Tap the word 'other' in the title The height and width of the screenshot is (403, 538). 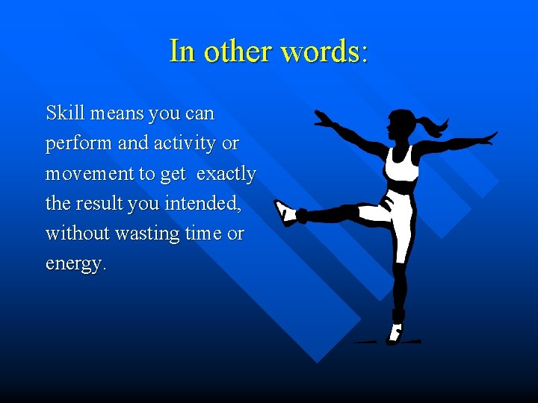coord(236,51)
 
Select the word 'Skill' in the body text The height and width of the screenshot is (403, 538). coord(65,113)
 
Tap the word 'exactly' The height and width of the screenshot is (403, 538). coord(226,174)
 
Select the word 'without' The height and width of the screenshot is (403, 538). coord(77,234)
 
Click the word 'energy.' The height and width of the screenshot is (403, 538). coord(75,263)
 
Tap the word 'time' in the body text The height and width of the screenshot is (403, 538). coord(203,234)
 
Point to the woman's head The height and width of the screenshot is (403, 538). coord(402,123)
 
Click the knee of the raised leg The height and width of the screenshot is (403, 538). coord(350,213)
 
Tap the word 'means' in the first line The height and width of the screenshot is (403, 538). coord(117,113)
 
